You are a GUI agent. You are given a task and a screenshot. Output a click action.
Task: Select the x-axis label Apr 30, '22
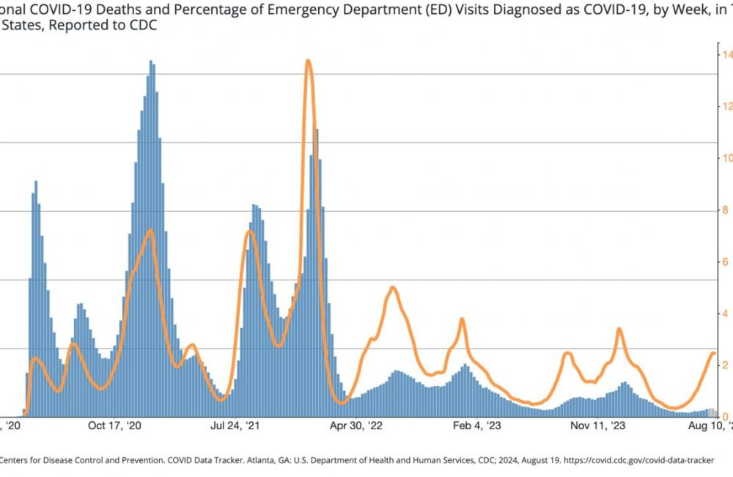click(358, 426)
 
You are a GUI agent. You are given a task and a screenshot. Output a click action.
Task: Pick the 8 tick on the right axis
click(725, 211)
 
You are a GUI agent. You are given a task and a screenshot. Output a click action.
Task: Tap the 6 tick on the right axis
click(725, 262)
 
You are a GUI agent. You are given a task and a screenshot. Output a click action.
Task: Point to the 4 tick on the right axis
click(725, 314)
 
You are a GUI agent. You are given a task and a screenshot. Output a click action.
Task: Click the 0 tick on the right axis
click(725, 417)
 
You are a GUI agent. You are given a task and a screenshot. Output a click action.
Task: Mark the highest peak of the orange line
click(308, 61)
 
